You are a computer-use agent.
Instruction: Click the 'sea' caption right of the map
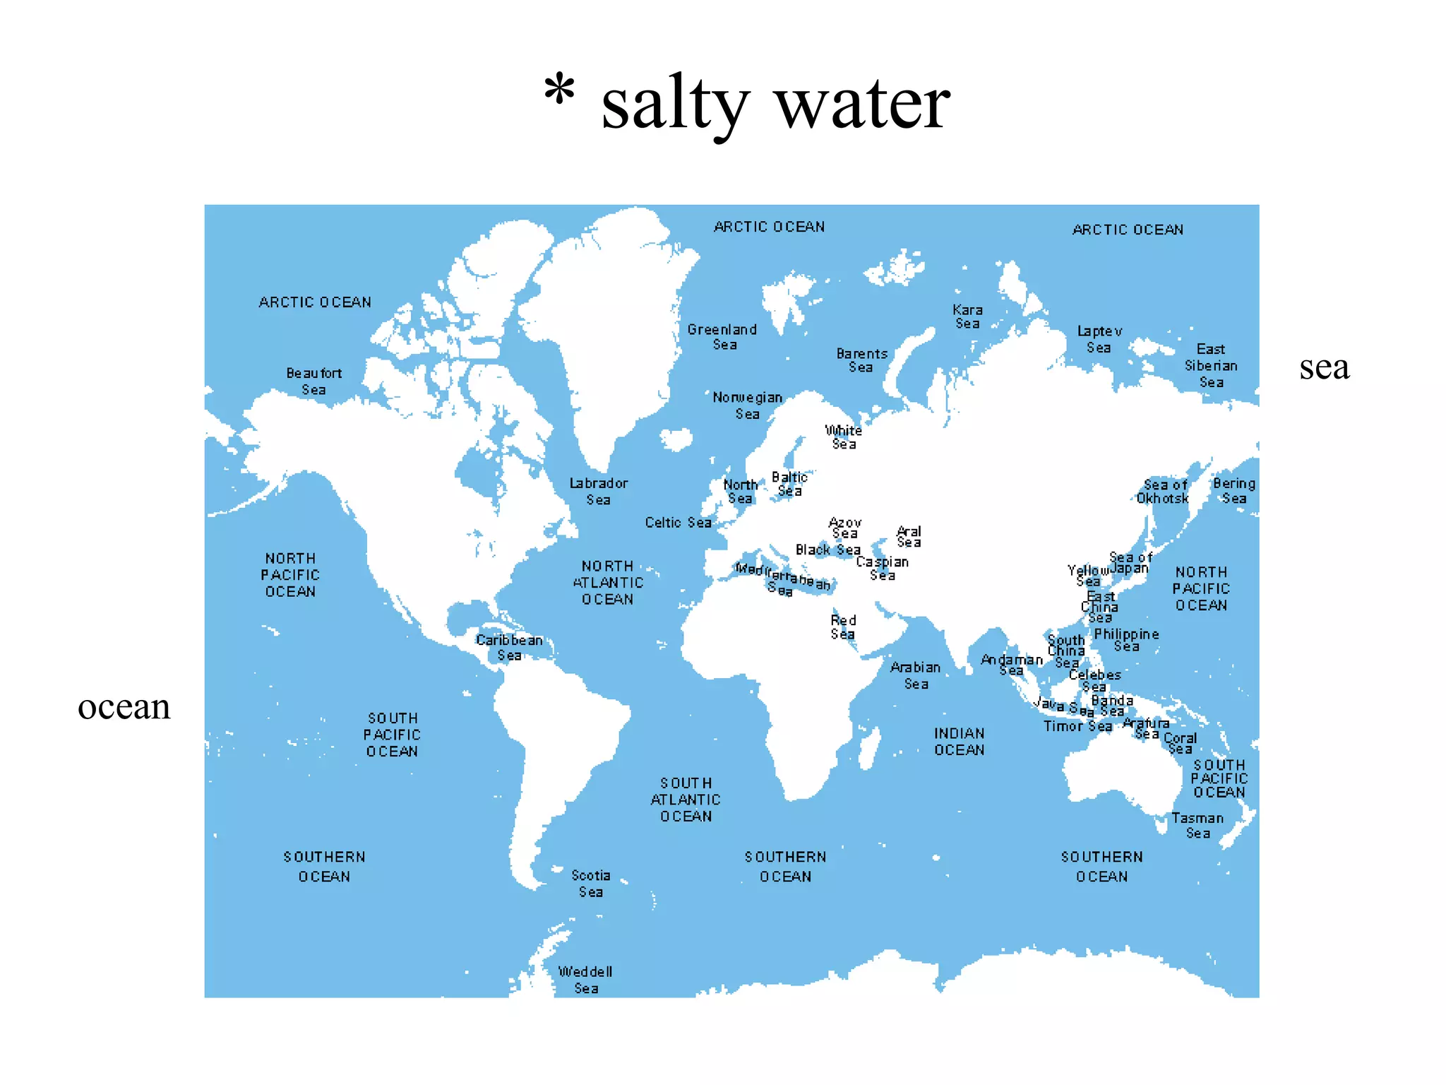coord(1324,367)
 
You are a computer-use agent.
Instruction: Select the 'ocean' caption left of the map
coord(124,707)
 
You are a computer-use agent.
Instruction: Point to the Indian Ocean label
coord(959,742)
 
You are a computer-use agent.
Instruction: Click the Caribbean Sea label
coord(509,648)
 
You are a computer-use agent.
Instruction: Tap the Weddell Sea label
coord(585,980)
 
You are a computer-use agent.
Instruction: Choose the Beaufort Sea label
coord(314,381)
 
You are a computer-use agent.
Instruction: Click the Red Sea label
coord(843,627)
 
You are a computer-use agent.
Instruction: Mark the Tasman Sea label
coord(1197,826)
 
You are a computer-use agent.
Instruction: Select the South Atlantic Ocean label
coord(686,800)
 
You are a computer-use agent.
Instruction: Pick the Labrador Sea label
coord(599,491)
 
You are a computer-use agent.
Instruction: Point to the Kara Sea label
coord(967,316)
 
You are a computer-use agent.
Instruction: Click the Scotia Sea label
coord(591,884)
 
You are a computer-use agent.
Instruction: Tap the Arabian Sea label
coord(916,675)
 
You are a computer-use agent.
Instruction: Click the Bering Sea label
coord(1234,491)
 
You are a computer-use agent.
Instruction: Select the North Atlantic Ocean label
coord(608,583)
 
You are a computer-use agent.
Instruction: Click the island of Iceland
coord(676,439)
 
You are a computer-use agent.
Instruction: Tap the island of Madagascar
coord(870,747)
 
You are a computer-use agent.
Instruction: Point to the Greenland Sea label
coord(722,337)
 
